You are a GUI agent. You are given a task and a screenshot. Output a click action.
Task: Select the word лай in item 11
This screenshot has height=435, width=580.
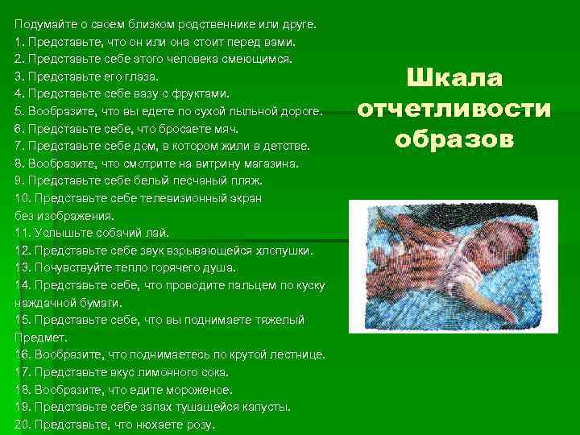[x=158, y=234]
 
